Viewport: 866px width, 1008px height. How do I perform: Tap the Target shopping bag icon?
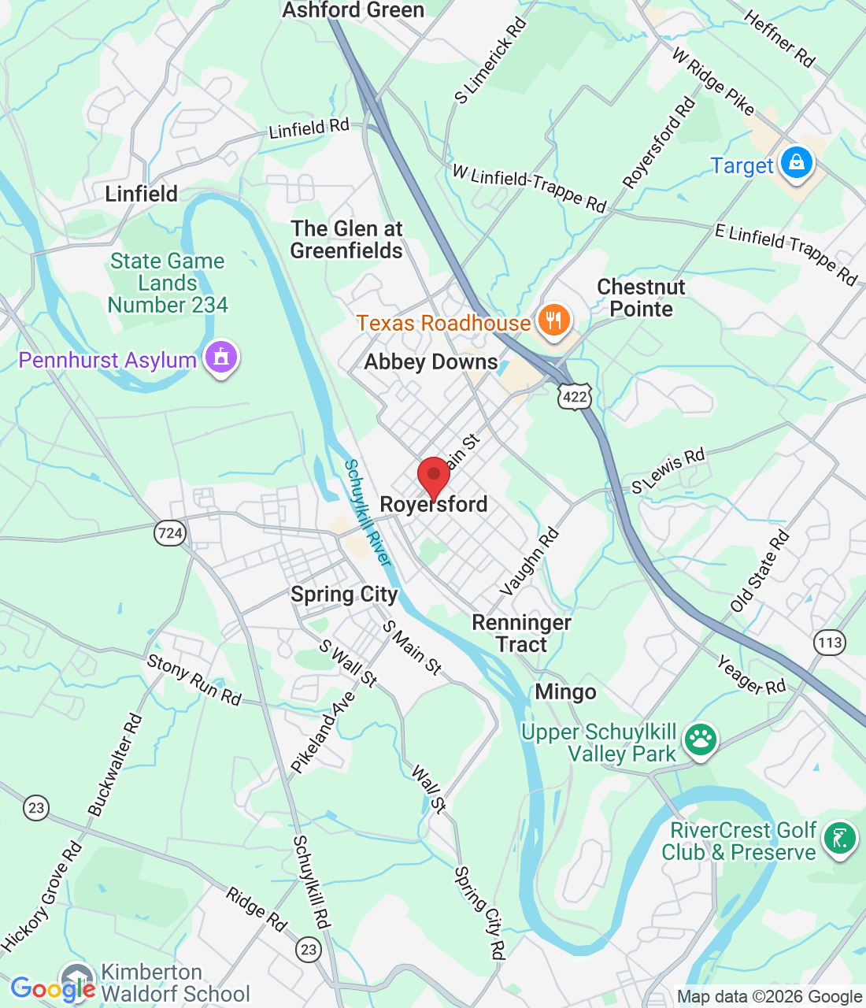(796, 164)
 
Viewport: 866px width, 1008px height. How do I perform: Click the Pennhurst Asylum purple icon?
(221, 359)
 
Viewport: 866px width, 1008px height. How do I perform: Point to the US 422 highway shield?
(575, 396)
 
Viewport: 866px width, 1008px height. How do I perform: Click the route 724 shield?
(170, 533)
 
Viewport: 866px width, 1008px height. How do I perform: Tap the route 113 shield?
(830, 643)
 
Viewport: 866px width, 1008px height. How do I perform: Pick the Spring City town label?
(344, 595)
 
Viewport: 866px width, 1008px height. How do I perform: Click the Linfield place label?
(142, 194)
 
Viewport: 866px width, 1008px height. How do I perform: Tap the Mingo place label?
(565, 692)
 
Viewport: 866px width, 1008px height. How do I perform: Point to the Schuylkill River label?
(368, 513)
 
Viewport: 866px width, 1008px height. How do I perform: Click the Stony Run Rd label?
(194, 680)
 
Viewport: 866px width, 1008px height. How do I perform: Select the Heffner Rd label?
(779, 39)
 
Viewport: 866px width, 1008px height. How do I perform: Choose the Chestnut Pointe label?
(641, 298)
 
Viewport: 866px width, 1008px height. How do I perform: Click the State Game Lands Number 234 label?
(168, 283)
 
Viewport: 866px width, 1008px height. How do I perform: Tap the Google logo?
(53, 989)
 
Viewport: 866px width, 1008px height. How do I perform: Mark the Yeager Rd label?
(751, 676)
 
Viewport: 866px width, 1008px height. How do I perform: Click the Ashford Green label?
(353, 10)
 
